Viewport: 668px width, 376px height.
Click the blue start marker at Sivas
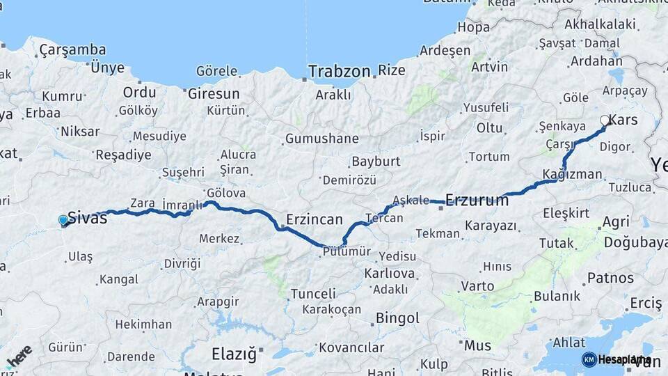point(63,221)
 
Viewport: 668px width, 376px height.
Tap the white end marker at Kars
point(605,120)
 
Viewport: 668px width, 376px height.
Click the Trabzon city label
point(339,71)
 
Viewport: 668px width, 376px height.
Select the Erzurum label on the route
point(477,201)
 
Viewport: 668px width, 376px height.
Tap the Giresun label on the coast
point(214,93)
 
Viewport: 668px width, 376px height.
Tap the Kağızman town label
point(573,174)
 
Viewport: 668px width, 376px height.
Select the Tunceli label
point(313,294)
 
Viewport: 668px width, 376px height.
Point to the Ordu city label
point(139,93)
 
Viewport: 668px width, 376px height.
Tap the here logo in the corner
point(19,356)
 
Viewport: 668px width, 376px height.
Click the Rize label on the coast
point(391,70)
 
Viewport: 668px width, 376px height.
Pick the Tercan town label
point(383,218)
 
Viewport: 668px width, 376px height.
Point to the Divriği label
point(182,263)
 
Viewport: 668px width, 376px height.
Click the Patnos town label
point(610,277)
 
